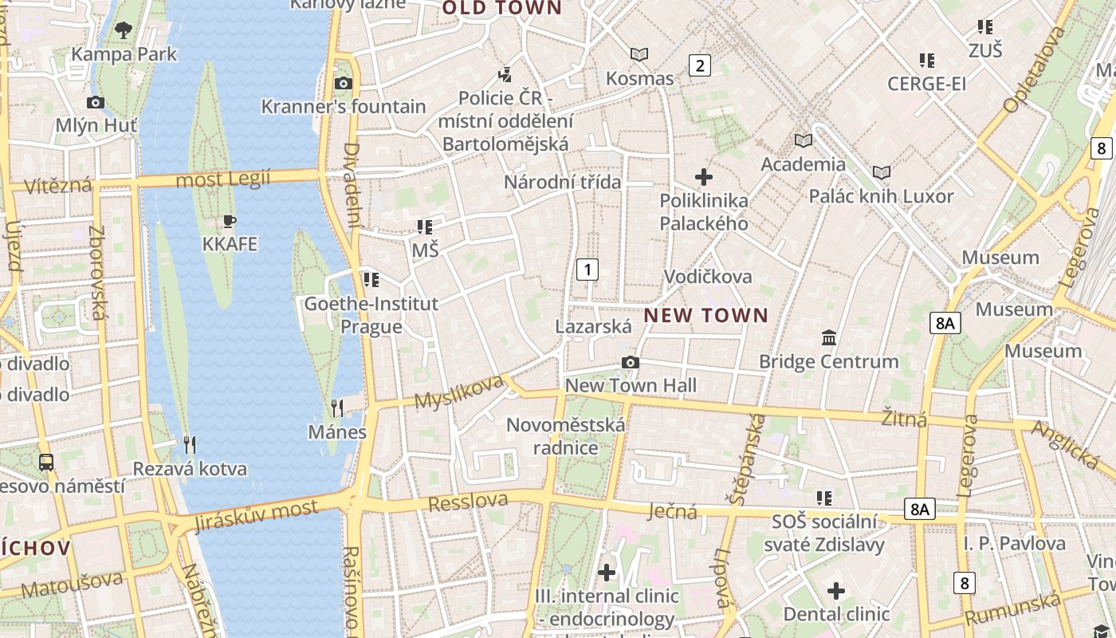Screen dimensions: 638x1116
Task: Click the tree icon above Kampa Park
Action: coord(123,30)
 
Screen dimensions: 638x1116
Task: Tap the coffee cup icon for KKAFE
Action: coord(230,221)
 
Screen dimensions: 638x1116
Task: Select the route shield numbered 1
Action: coord(587,270)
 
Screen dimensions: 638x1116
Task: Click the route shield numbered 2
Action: coord(700,65)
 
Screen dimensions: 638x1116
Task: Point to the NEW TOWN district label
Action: coord(706,316)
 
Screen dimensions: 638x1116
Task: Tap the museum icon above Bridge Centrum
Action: coord(829,338)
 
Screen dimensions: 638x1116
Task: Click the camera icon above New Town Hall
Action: coord(631,363)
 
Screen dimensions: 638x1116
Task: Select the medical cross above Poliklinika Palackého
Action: coord(704,177)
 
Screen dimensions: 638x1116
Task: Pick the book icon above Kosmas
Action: coord(639,55)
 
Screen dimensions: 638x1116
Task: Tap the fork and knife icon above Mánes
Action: coord(337,409)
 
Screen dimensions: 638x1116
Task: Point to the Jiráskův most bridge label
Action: coord(256,514)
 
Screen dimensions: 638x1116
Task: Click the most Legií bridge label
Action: coord(223,179)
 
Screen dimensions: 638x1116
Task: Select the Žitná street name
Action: coord(905,418)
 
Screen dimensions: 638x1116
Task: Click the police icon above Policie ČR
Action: coord(504,75)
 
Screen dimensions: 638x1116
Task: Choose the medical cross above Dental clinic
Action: coord(835,591)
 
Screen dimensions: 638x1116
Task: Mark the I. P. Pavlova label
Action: coord(1015,544)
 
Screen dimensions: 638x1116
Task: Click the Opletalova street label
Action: coord(1035,70)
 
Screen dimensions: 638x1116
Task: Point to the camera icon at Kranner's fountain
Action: coord(344,84)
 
